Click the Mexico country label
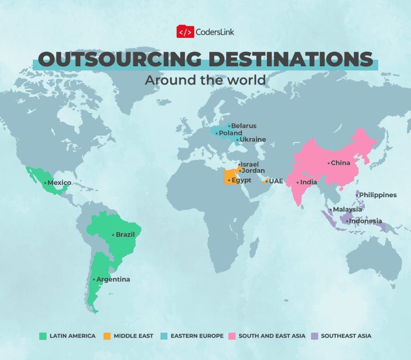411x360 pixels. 59,183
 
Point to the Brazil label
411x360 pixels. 125,235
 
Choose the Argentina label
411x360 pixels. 113,279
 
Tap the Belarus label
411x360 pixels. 244,126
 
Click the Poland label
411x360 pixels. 230,133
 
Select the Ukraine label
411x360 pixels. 253,140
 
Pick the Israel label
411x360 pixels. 250,164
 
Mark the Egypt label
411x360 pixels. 241,180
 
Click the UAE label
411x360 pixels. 276,181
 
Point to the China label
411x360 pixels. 340,163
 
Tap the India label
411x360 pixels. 309,182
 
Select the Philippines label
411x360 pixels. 378,195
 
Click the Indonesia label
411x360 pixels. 365,221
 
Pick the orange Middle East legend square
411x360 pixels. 107,335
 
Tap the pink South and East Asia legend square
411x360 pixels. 232,335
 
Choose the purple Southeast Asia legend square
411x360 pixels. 314,335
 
